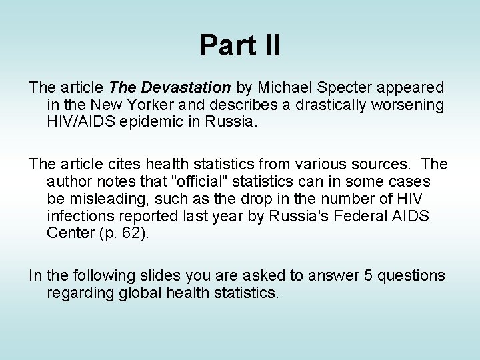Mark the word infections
(x=79, y=216)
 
